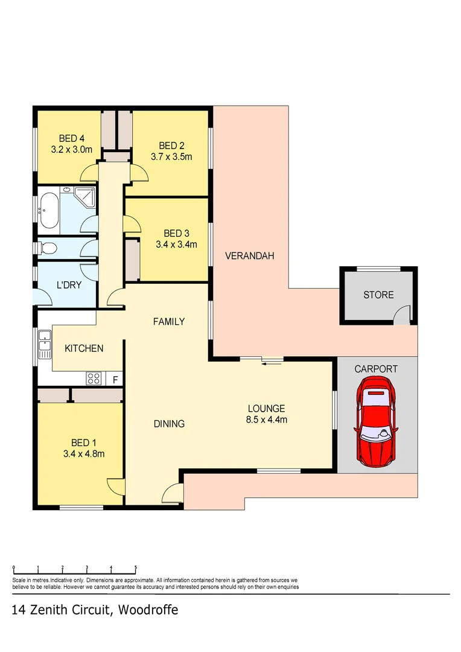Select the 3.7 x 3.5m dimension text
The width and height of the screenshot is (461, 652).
point(171,157)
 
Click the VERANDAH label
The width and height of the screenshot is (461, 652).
point(249,256)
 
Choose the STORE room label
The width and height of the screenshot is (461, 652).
point(378,295)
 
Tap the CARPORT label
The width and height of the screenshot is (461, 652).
point(376,368)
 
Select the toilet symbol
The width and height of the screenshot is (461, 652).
point(49,248)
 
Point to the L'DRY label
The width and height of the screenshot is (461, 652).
point(68,285)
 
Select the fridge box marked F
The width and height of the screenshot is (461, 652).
point(115,380)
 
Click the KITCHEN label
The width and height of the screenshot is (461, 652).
point(84,348)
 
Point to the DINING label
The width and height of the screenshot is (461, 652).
point(169,424)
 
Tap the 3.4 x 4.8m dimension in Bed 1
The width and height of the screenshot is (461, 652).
point(84,454)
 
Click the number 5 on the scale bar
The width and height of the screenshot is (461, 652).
point(136,567)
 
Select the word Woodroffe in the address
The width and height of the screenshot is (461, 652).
point(148,610)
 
